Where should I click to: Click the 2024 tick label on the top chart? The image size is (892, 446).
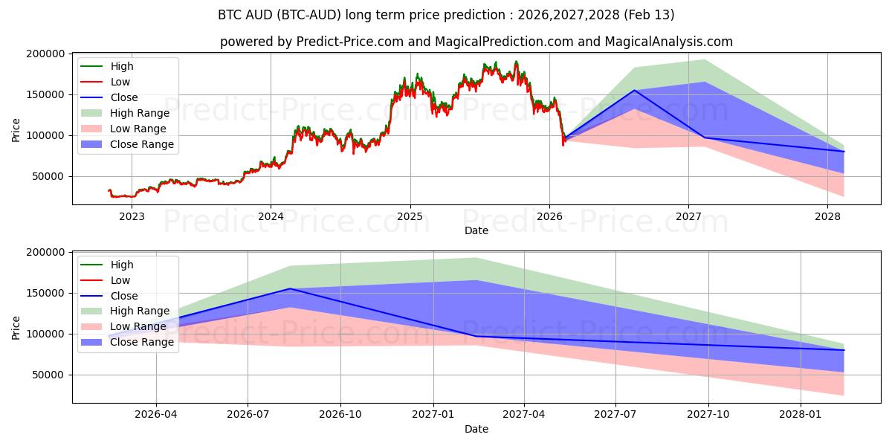click(x=271, y=216)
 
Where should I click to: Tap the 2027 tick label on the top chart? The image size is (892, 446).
click(x=689, y=216)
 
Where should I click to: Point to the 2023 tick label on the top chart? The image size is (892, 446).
click(x=132, y=216)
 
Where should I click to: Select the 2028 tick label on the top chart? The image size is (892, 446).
click(x=828, y=216)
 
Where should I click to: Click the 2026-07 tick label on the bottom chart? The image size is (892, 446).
click(x=248, y=415)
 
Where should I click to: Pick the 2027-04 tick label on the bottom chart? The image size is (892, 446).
click(x=524, y=415)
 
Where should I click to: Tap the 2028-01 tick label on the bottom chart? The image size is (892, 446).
click(x=801, y=415)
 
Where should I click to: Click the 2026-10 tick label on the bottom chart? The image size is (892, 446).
click(x=340, y=415)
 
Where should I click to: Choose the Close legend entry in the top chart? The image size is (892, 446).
click(x=124, y=97)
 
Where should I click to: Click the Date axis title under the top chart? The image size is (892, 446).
click(x=476, y=230)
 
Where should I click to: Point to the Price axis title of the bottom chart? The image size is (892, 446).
click(x=16, y=327)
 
